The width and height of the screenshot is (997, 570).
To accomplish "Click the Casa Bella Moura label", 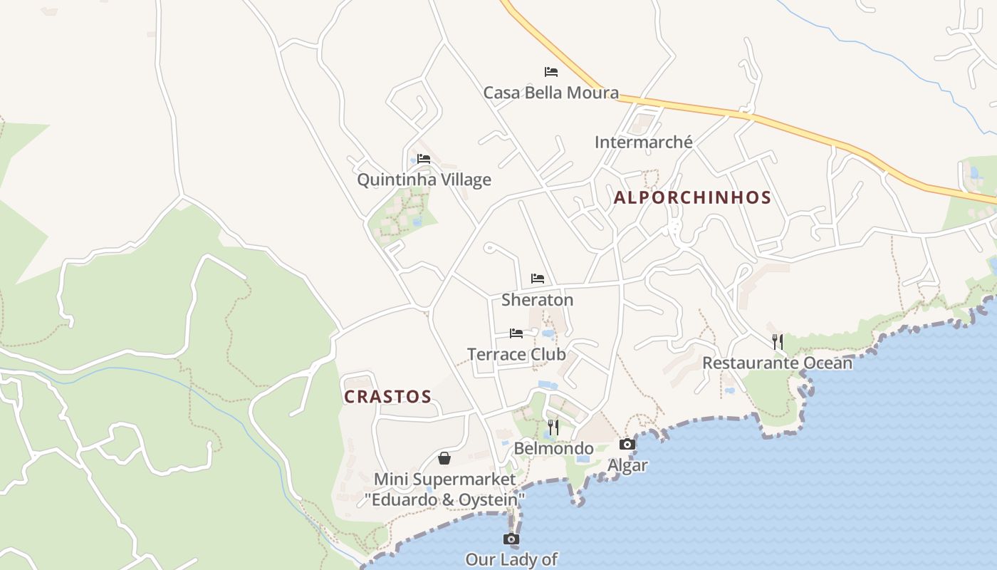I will click(x=550, y=93).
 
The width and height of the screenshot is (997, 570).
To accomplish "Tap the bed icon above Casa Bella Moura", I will click(x=550, y=72).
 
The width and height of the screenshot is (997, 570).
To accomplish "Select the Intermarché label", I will click(x=643, y=142).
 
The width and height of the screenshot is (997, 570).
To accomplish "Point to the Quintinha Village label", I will click(x=424, y=180).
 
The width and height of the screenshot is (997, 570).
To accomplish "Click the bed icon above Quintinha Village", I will click(x=424, y=159).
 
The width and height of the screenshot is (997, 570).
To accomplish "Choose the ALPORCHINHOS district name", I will click(x=692, y=198).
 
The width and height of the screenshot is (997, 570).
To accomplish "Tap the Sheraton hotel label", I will click(x=537, y=300).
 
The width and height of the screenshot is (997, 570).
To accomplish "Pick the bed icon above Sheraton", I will click(x=538, y=279).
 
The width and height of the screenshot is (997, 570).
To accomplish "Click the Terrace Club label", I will click(x=516, y=354).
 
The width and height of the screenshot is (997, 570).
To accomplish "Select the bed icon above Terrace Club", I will click(x=516, y=333).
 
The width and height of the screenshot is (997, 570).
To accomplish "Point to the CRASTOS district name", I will click(x=388, y=397).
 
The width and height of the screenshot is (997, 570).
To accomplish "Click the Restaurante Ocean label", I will click(x=777, y=363).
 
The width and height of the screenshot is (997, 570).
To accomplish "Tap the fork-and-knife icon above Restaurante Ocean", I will click(x=778, y=342).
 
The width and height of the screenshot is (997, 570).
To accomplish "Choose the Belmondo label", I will click(x=553, y=448).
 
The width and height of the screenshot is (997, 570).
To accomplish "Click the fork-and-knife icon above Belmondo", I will click(x=553, y=427).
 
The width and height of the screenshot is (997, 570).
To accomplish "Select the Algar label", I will click(x=627, y=465).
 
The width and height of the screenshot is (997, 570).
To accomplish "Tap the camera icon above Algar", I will click(x=627, y=445).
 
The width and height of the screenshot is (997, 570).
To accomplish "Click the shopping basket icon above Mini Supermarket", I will click(x=444, y=458).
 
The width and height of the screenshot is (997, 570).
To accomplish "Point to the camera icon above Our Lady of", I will click(x=511, y=539).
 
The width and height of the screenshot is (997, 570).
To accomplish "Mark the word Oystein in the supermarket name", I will click(x=491, y=500).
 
